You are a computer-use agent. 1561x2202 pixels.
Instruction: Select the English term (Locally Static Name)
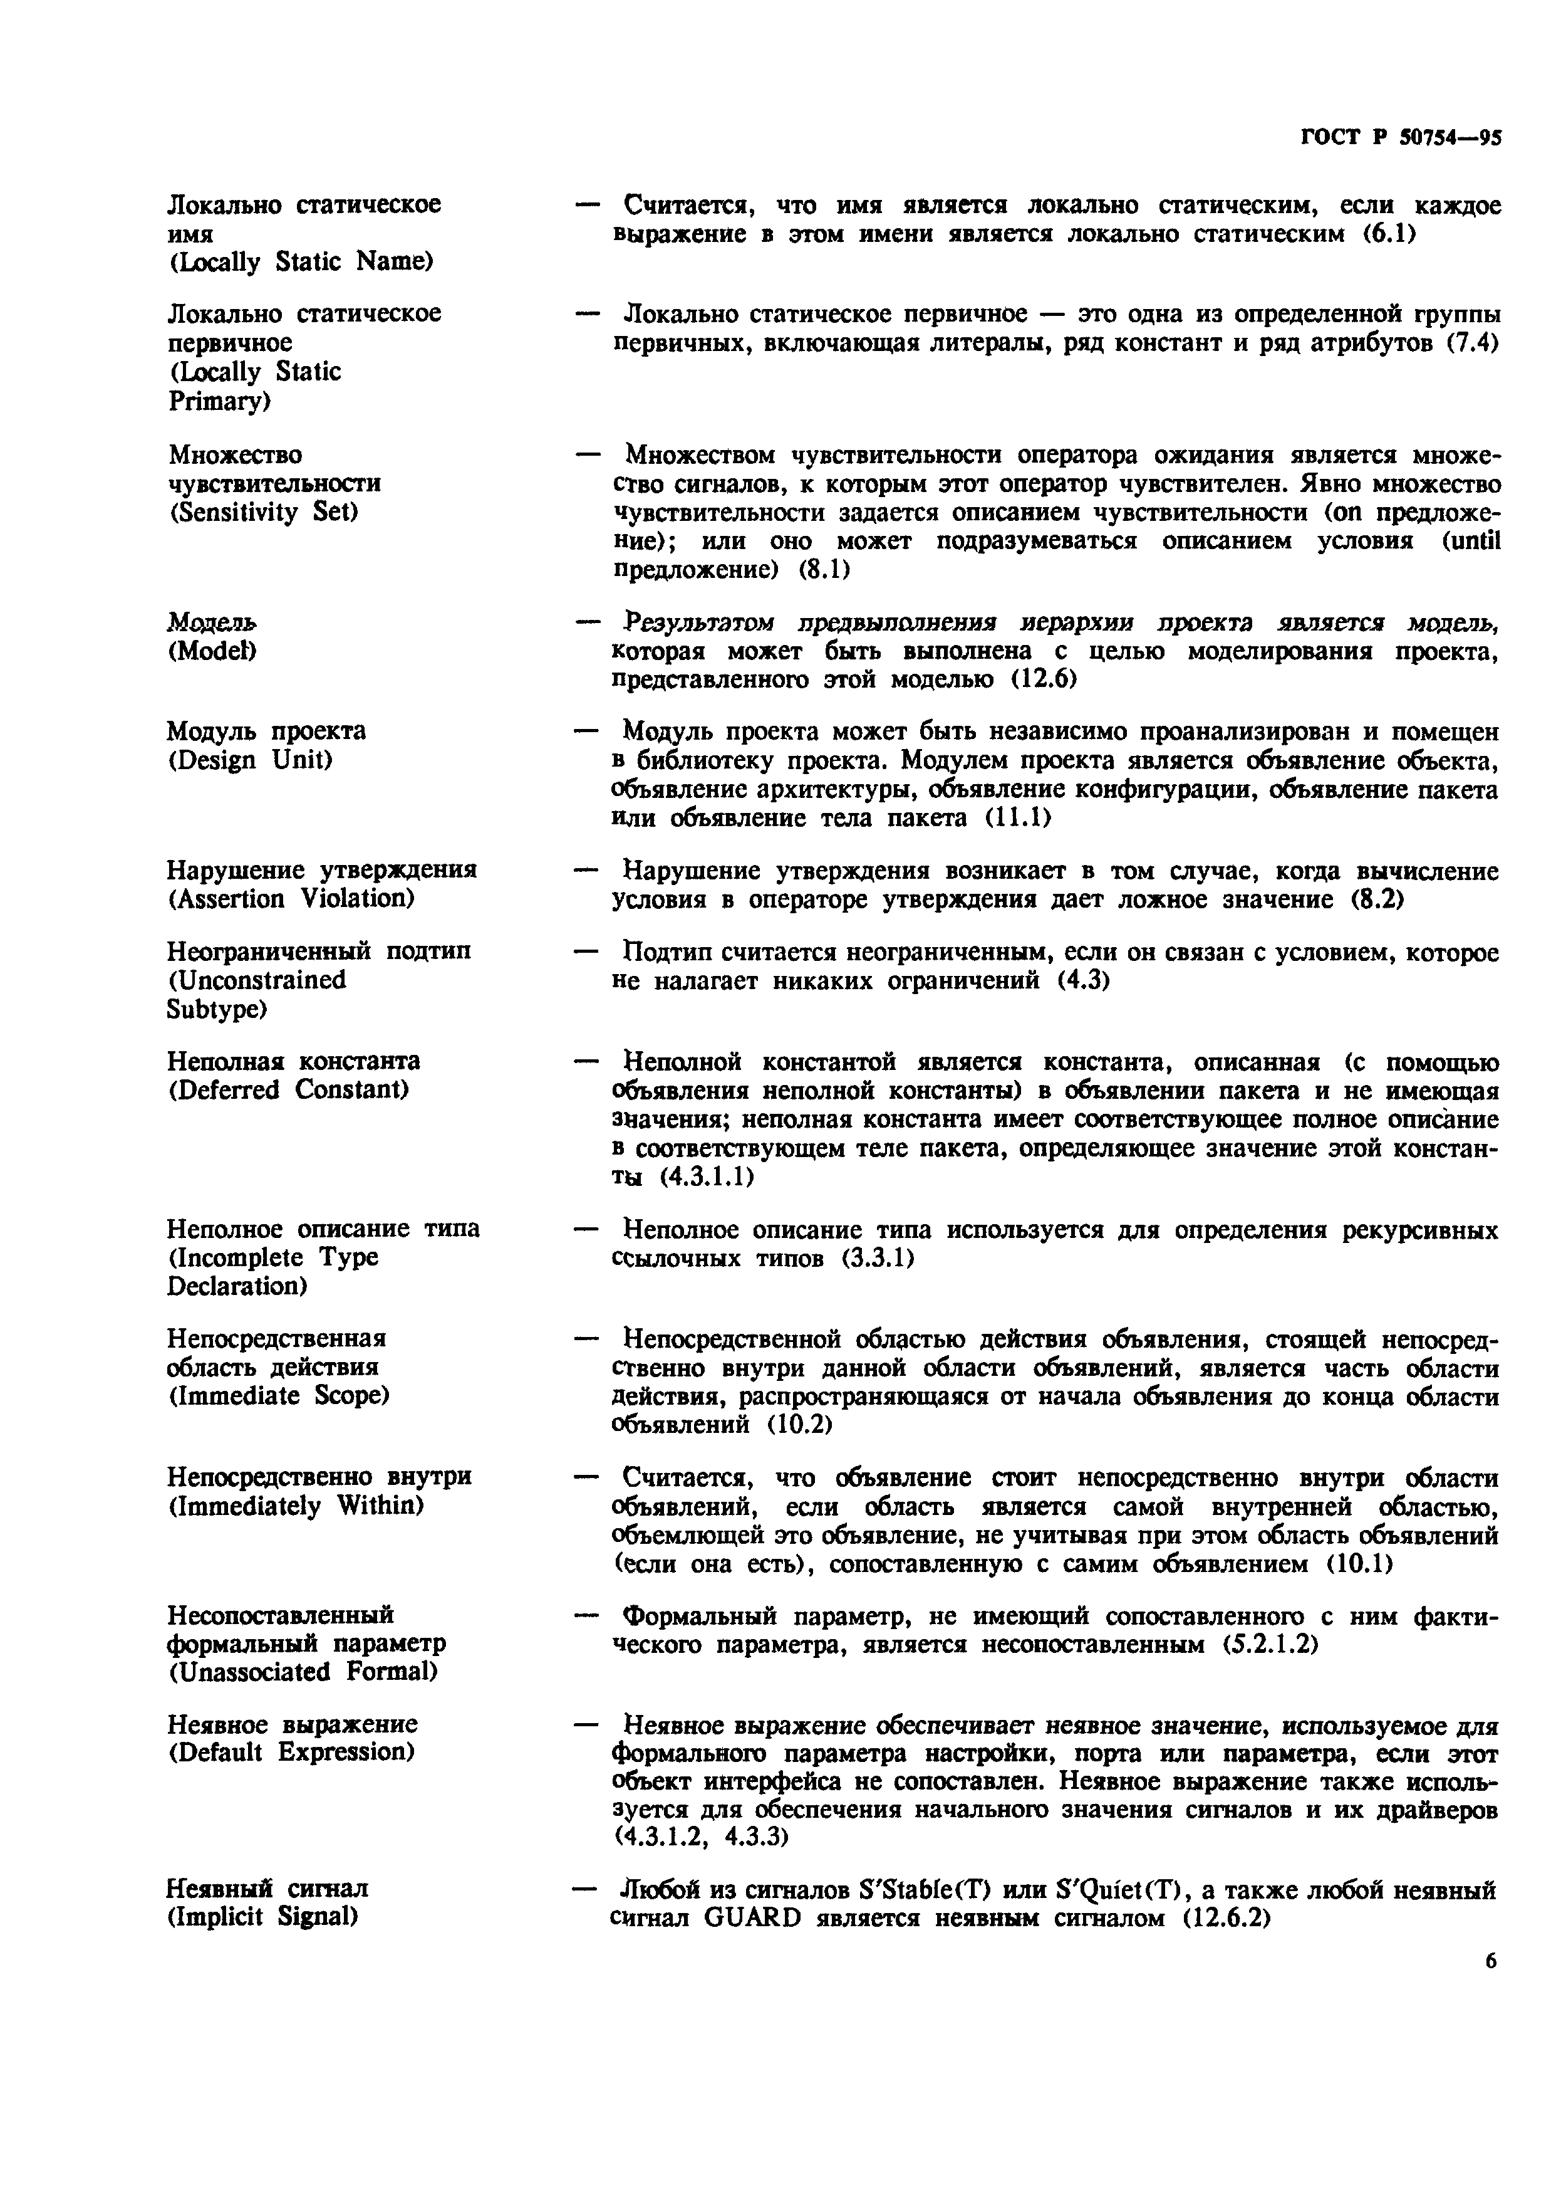[301, 261]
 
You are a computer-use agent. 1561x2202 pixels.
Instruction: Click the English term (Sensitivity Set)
[263, 513]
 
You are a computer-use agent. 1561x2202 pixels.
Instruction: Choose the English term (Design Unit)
[250, 760]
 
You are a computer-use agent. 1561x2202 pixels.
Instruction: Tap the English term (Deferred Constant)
[288, 1091]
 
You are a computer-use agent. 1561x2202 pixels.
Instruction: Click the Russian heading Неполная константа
[293, 1062]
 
